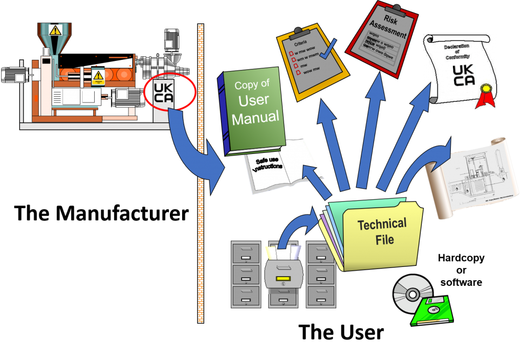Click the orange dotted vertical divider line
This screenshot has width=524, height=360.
(201, 174)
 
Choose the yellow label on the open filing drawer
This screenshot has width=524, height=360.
(283, 279)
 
